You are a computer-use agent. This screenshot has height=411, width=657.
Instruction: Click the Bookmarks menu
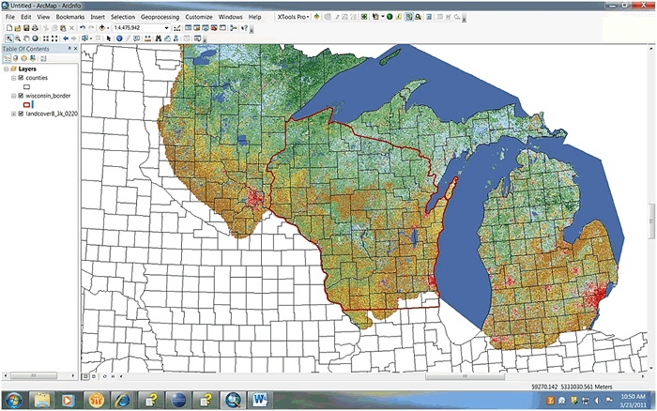(69, 17)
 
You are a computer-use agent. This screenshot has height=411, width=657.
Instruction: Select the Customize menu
(198, 17)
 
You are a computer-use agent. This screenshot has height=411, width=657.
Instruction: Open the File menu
(10, 17)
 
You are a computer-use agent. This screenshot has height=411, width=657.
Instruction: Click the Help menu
(254, 17)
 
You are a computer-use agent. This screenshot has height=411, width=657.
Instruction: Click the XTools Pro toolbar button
(294, 17)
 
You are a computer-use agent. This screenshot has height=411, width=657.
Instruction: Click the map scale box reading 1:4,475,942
(138, 28)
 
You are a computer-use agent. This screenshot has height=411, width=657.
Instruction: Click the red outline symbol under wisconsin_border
(29, 105)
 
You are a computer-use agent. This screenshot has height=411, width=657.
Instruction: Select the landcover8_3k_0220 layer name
(51, 114)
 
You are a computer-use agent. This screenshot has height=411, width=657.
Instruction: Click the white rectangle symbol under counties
(27, 86)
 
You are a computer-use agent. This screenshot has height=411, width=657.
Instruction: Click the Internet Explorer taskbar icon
(123, 399)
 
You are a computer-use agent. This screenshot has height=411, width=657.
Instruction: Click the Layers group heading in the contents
(28, 68)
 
